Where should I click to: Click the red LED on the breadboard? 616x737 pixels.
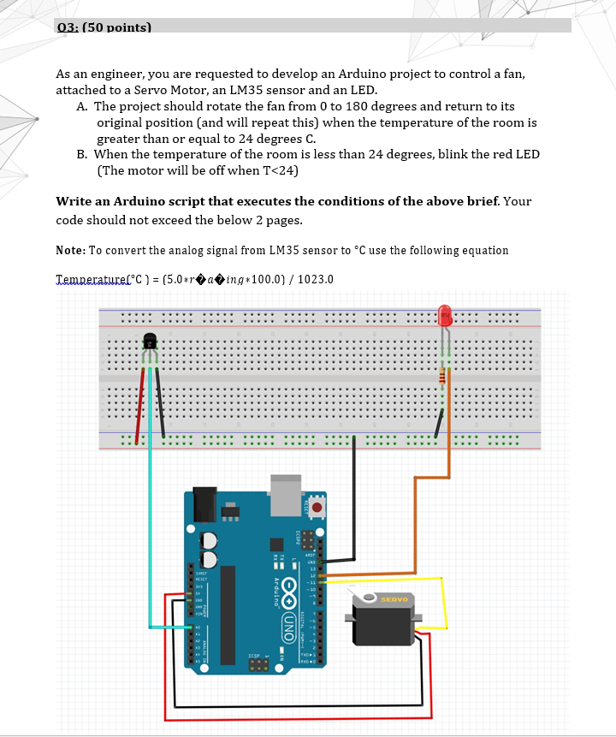[x=444, y=316]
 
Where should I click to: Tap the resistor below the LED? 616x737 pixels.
[x=442, y=377]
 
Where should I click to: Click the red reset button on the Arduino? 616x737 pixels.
[x=317, y=507]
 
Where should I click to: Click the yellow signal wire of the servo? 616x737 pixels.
[x=443, y=603]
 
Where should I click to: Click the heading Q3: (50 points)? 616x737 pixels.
[x=103, y=27]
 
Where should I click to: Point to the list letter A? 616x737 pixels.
[x=82, y=106]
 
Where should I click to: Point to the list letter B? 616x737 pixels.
[x=82, y=155]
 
